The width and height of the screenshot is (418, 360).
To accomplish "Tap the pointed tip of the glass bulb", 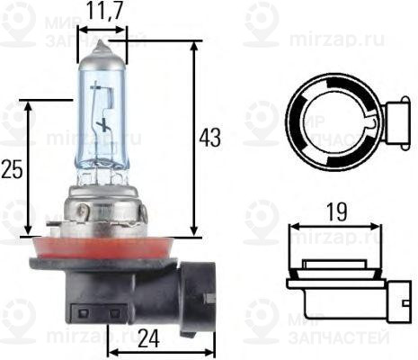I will point(102,44).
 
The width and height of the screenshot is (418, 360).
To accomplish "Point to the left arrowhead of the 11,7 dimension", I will point(81,29).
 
